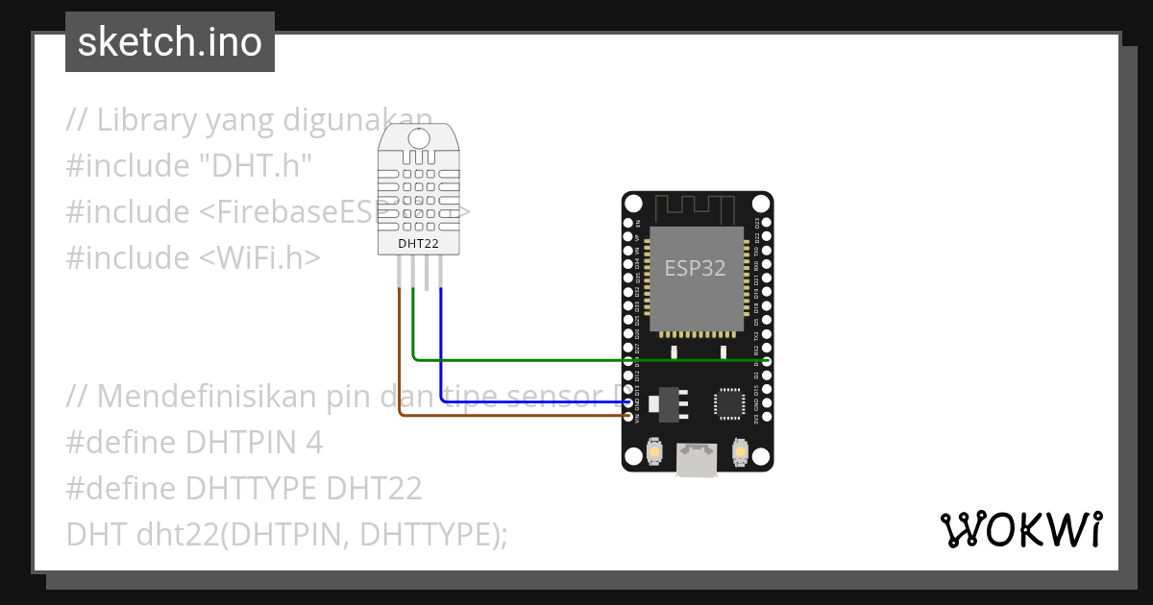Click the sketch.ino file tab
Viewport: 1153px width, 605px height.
click(170, 42)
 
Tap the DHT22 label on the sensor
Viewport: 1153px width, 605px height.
click(419, 244)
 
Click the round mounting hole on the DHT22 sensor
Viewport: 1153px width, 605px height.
click(419, 138)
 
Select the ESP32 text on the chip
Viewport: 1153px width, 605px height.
click(696, 268)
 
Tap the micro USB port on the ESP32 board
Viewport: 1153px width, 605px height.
click(697, 460)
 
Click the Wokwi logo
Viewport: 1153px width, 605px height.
click(1020, 529)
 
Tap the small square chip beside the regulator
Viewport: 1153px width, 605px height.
click(727, 403)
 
